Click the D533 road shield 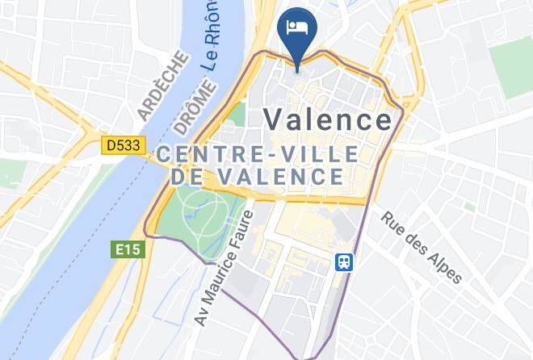click(x=123, y=145)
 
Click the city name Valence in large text click(x=329, y=119)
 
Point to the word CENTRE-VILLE click(x=259, y=153)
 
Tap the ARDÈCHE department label click(x=165, y=87)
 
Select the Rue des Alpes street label click(x=421, y=247)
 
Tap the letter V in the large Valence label click(x=275, y=119)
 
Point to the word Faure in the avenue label click(x=241, y=230)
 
